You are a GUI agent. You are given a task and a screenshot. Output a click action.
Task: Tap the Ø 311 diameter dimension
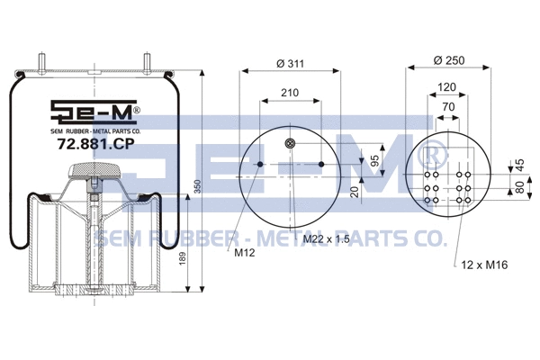click(289, 62)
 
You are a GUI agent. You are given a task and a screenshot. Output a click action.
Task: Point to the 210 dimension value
click(290, 93)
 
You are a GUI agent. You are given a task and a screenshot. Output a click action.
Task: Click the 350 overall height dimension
click(196, 186)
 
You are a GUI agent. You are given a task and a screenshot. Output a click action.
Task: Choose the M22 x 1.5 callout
click(325, 238)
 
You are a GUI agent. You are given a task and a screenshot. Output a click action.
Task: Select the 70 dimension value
click(447, 106)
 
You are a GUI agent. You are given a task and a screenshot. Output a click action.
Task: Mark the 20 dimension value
click(355, 191)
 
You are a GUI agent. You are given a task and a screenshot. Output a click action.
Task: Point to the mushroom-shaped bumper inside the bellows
click(94, 168)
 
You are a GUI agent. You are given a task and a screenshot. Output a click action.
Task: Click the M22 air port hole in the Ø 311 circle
click(290, 144)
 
